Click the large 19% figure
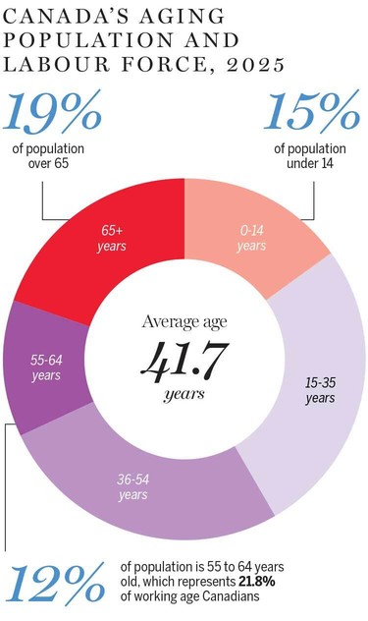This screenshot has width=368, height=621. tap(56, 113)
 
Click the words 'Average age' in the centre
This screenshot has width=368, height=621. tap(184, 323)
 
